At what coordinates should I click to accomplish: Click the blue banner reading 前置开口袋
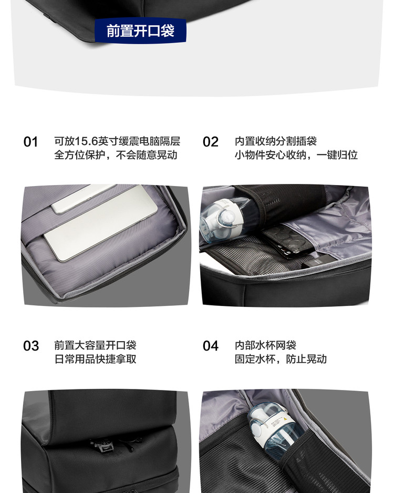tap(140, 30)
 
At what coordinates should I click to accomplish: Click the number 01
tap(31, 142)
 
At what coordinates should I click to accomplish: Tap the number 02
tap(211, 142)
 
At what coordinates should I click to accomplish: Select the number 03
tap(31, 346)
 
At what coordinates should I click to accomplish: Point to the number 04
tap(211, 346)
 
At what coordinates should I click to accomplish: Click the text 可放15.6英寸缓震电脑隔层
tap(117, 141)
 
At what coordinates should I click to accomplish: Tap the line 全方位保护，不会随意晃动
tap(116, 155)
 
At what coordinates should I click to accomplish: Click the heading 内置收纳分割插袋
tap(276, 141)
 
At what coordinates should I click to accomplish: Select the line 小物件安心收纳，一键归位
tap(296, 155)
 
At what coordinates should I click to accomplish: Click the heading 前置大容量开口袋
tap(95, 345)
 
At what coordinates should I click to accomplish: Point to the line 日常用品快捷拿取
tap(95, 359)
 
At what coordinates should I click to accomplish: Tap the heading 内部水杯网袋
tap(265, 345)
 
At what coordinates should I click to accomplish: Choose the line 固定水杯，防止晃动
tap(281, 359)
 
